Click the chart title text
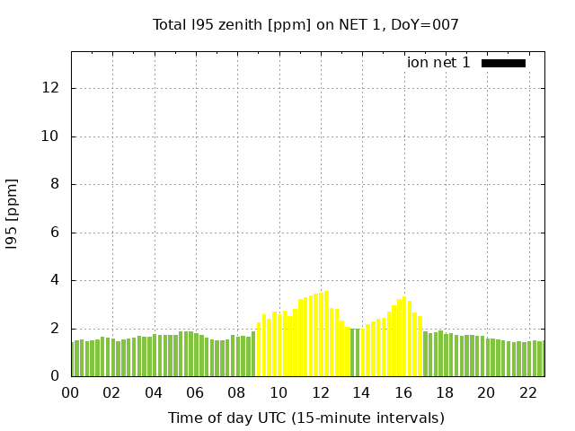pos(305,25)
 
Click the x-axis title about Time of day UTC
pos(305,418)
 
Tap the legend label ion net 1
pos(438,63)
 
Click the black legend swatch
pos(503,63)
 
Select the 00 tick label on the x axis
pos(71,392)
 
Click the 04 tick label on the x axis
pos(154,392)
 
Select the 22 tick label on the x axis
pos(527,392)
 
